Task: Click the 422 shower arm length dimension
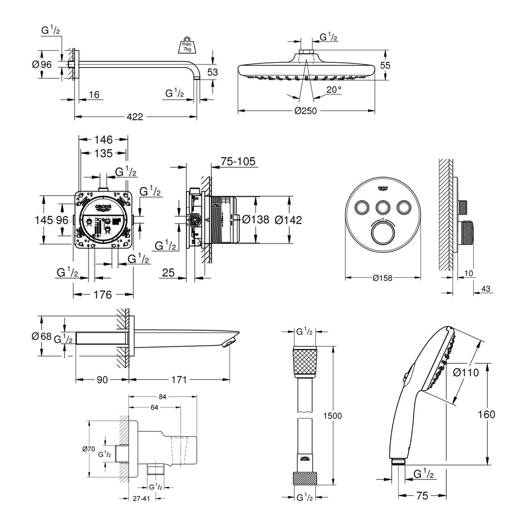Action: pos(134,117)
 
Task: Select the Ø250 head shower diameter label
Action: pos(306,111)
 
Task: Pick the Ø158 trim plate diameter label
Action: pos(383,278)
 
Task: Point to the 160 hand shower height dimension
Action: pos(487,414)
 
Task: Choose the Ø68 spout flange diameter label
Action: pos(42,337)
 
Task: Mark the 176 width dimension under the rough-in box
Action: pos(103,295)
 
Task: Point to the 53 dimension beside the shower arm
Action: pos(212,72)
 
